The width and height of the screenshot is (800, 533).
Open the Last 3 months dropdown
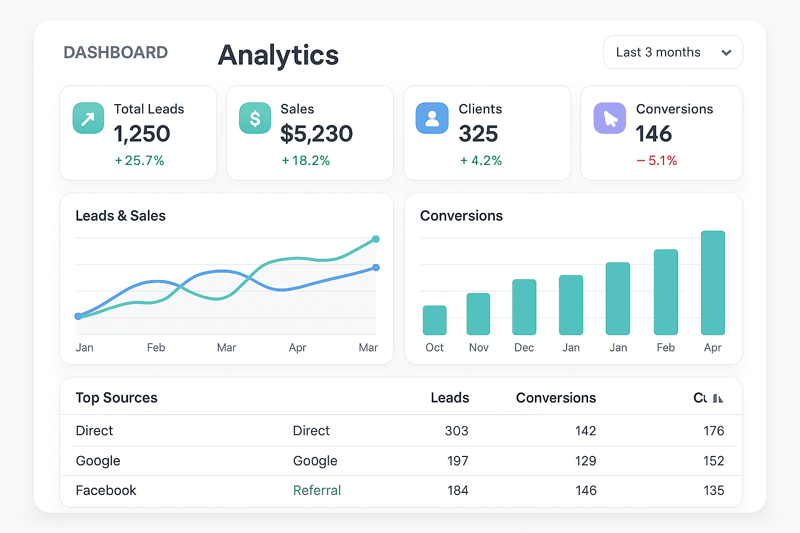click(672, 52)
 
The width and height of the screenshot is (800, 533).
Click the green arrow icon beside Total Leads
click(88, 118)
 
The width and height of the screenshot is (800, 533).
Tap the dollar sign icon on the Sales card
click(255, 118)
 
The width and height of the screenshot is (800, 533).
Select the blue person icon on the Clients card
click(432, 118)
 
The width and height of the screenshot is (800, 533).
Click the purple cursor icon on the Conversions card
click(609, 118)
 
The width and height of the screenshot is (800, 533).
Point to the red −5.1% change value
click(657, 161)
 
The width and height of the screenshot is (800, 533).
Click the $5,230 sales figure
click(316, 134)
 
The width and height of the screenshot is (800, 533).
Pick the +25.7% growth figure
click(140, 161)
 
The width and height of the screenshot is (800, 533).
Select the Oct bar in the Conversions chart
click(434, 320)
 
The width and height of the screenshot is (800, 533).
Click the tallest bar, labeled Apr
click(712, 283)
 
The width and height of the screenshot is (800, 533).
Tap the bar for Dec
click(524, 307)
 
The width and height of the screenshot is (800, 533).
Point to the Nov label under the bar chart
click(479, 348)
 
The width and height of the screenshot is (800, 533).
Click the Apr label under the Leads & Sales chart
click(297, 348)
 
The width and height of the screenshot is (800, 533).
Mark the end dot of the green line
click(376, 239)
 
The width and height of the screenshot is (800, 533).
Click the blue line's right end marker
click(376, 268)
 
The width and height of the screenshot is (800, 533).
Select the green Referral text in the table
click(317, 490)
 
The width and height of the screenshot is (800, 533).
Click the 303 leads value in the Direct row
click(456, 431)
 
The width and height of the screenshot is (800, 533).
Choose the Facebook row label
click(106, 490)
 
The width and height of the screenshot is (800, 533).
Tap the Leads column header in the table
click(449, 398)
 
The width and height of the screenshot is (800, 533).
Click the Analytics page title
click(278, 55)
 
